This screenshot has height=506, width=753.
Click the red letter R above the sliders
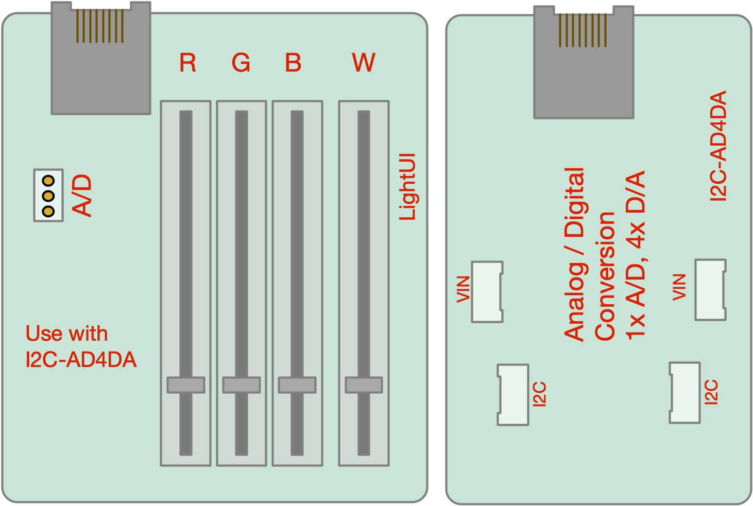[187, 63]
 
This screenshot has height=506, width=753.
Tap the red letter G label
[241, 63]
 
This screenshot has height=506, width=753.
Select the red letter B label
[293, 63]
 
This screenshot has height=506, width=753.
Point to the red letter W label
[364, 63]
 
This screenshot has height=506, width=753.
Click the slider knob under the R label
[186, 385]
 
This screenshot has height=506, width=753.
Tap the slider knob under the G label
[242, 385]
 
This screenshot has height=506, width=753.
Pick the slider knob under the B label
[297, 385]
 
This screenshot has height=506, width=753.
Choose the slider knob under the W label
[364, 385]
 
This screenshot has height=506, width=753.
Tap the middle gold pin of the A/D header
[48, 196]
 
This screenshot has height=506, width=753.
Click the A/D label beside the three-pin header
[82, 196]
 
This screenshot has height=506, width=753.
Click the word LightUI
[407, 187]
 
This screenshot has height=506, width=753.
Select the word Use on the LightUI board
[44, 334]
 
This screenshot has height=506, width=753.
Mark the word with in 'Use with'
[88, 334]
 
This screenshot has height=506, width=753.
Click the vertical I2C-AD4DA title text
[718, 146]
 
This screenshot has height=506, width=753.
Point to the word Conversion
[605, 276]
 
